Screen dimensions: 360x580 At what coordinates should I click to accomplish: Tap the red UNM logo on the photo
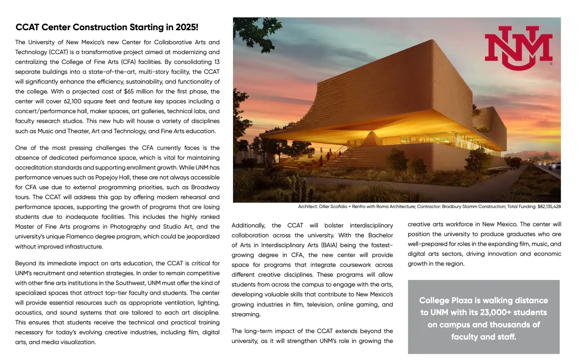518,47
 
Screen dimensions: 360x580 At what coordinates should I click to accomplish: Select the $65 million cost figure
129,91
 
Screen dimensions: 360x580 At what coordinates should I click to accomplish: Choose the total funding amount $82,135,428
549,207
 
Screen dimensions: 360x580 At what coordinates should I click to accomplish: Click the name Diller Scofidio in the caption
333,207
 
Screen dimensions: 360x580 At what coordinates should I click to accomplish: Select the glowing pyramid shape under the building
370,138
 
